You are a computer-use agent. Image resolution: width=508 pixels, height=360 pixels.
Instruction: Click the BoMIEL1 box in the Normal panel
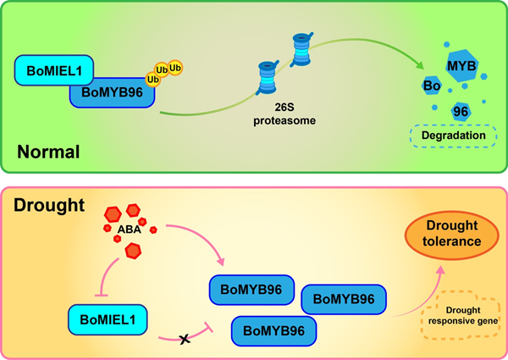pos(54,70)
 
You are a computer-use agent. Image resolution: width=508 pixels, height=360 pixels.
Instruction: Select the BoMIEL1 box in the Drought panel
pos(108,319)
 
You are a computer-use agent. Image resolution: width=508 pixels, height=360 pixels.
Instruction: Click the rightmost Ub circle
pos(175,68)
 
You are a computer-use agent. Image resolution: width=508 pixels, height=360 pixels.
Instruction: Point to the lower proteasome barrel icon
pos(268,77)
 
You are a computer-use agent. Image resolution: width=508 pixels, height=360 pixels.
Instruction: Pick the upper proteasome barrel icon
pos(301,49)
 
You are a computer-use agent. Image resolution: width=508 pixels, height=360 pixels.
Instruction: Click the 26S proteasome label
pos(284,114)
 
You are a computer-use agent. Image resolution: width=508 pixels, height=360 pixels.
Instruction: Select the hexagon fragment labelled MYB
pos(461,66)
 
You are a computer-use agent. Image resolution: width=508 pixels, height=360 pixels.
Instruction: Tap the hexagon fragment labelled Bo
pos(432,86)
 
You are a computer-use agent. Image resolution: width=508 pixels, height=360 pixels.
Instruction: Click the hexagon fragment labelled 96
pos(461,112)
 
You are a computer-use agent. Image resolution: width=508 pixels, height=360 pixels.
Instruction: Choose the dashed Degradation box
pos(453,136)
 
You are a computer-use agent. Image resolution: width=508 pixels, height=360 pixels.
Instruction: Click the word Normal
pos(48,152)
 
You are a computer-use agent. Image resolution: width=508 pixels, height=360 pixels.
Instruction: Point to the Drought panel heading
pos(49,205)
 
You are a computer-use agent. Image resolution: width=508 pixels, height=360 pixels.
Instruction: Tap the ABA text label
pos(130,230)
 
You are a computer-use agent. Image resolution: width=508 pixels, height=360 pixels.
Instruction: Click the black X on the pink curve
pos(185,339)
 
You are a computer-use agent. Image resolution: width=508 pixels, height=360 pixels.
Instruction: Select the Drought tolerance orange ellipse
pos(452,235)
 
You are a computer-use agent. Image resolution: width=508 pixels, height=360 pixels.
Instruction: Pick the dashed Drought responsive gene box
pos(461,315)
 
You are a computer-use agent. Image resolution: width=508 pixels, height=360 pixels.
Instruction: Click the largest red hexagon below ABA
pos(133,251)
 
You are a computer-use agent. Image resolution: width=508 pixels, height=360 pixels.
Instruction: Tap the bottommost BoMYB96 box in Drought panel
pos(273,331)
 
